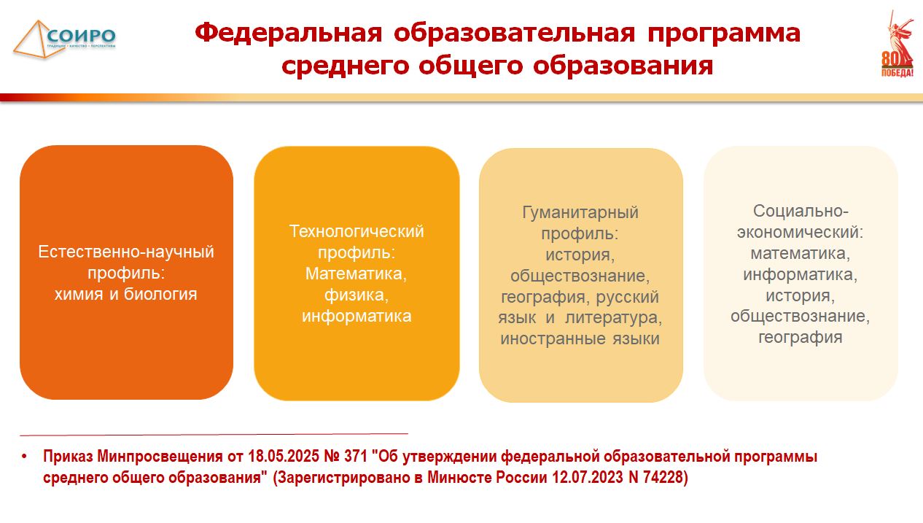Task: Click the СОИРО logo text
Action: pyautogui.click(x=81, y=36)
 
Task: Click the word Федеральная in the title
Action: pyautogui.click(x=289, y=33)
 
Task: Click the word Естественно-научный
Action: pyautogui.click(x=126, y=252)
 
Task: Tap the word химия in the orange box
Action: pyautogui.click(x=79, y=294)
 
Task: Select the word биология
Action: pyautogui.click(x=160, y=294)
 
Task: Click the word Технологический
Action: pyautogui.click(x=357, y=231)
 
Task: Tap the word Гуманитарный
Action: pyautogui.click(x=580, y=213)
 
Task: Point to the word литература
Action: pyautogui.click(x=614, y=318)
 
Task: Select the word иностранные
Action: pyautogui.click(x=553, y=338)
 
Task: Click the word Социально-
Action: pyautogui.click(x=801, y=211)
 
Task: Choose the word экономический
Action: pyautogui.click(x=801, y=232)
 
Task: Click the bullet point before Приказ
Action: pyautogui.click(x=24, y=456)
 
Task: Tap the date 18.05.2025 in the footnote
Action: pyautogui.click(x=284, y=456)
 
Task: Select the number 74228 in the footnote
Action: pyautogui.click(x=665, y=477)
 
